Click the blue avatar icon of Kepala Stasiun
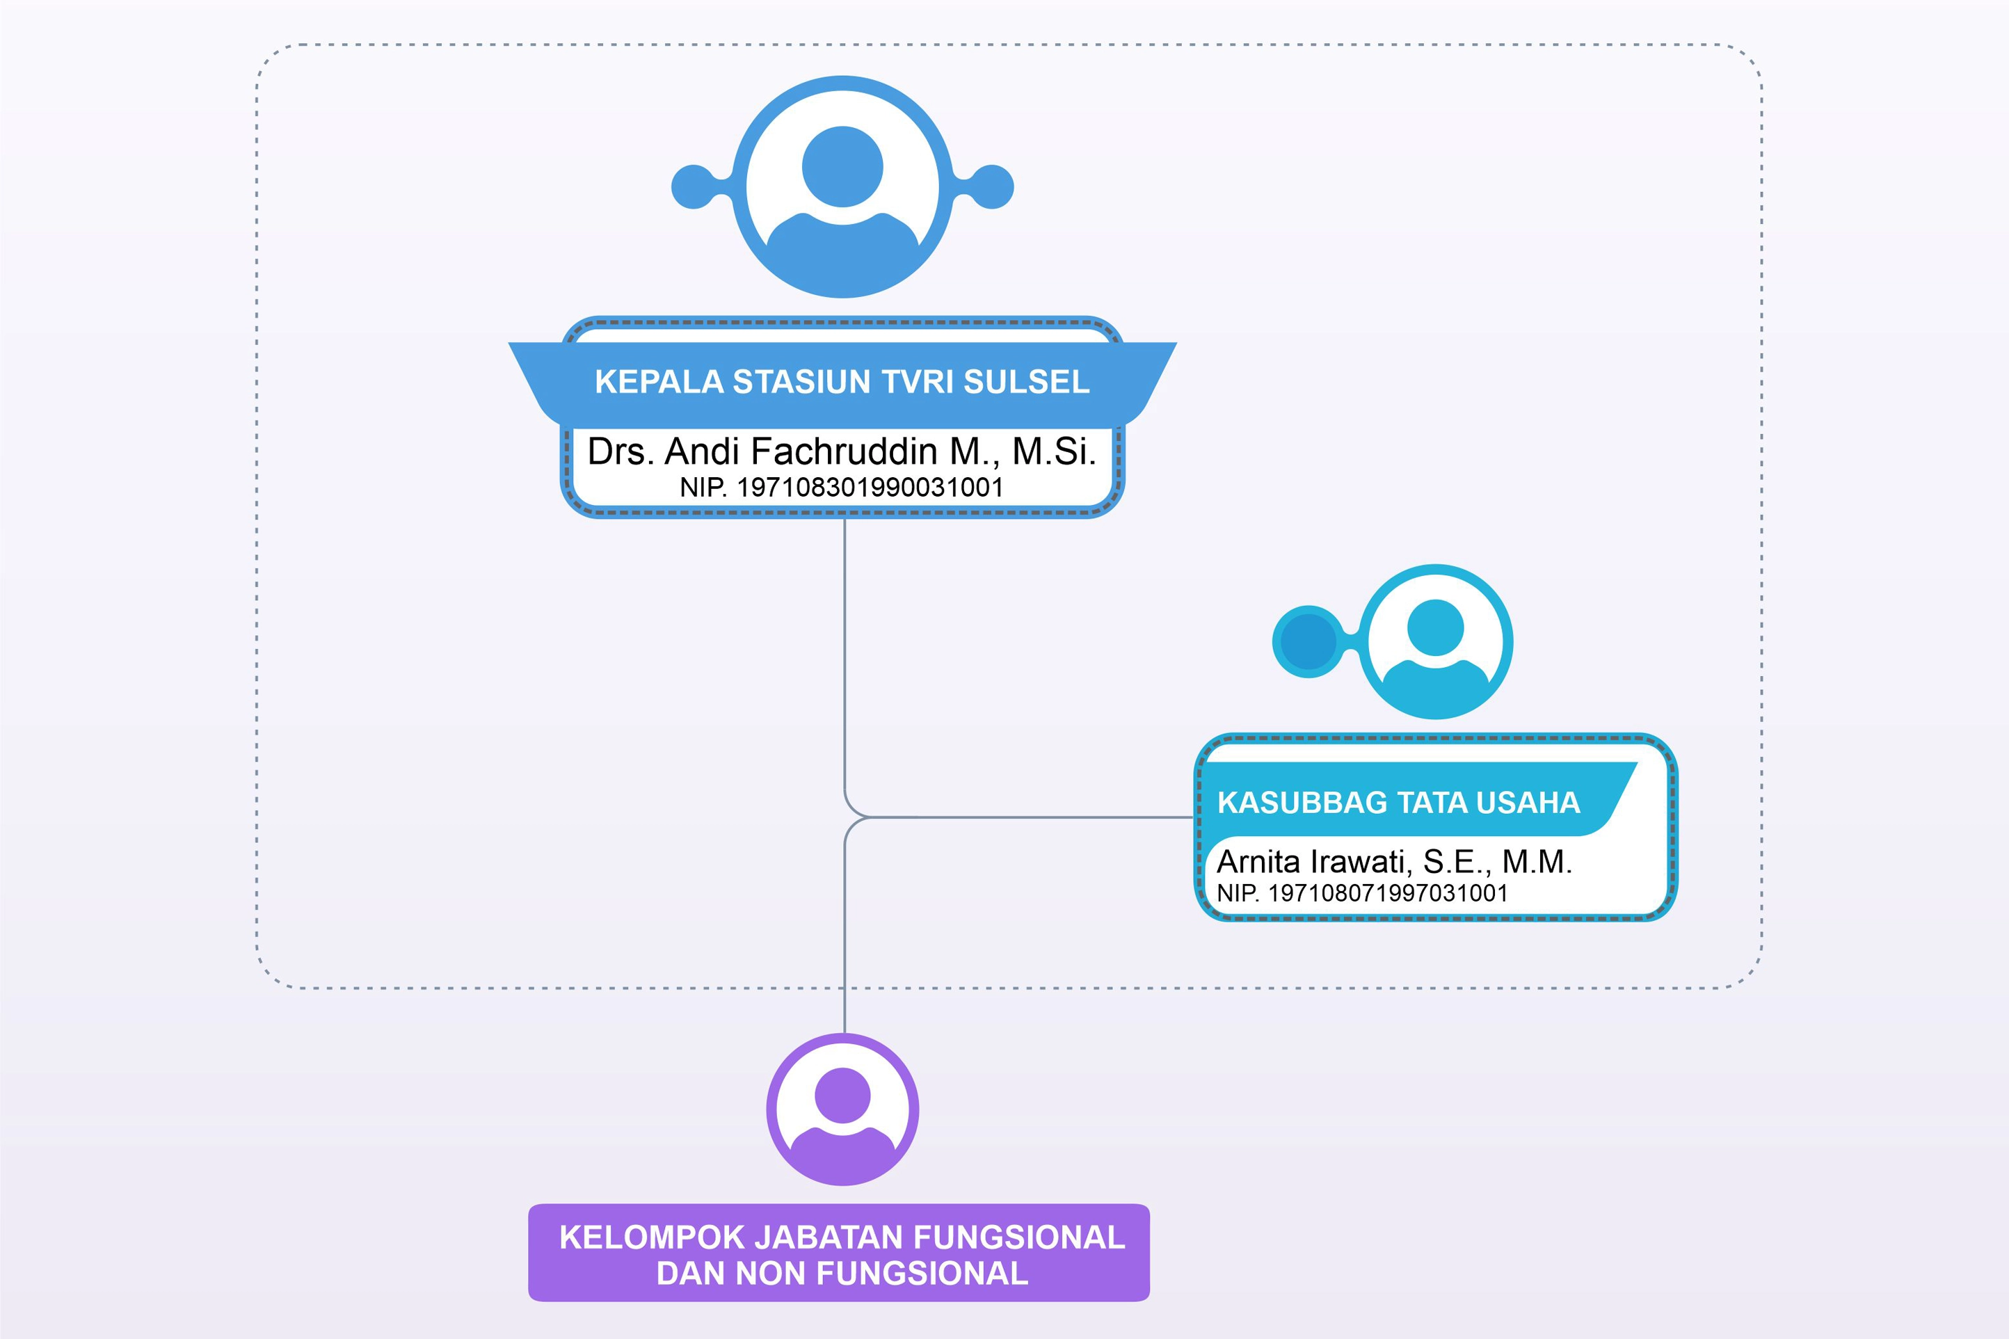pos(842,187)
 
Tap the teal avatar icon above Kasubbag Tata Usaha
pos(1435,641)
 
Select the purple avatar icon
pos(842,1109)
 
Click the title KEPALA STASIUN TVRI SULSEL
pos(842,382)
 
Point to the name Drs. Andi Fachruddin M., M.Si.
pos(842,451)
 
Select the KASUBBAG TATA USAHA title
pos(1398,803)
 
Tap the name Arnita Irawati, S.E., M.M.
pos(1393,862)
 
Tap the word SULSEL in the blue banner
pos(1027,382)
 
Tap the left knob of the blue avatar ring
pos(692,187)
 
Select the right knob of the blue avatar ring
pos(993,187)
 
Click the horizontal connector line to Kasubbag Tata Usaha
pos(1025,817)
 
